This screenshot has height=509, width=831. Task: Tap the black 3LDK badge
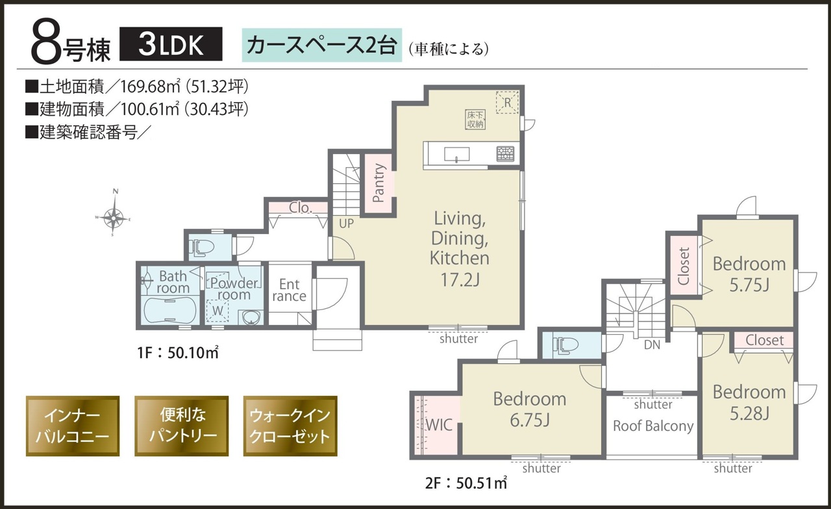[x=171, y=44]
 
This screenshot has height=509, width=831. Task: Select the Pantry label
[x=378, y=183]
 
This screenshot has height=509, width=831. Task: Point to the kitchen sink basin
[x=456, y=154]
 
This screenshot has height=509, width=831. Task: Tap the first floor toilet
[x=201, y=246]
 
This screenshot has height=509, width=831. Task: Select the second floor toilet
[x=565, y=345]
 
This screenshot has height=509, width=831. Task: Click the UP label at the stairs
[x=346, y=223]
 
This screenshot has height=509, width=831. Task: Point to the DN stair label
[x=652, y=345]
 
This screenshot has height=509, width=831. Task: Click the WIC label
[x=440, y=424]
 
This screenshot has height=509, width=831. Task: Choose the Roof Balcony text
[x=653, y=426]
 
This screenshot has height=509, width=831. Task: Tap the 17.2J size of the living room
[x=460, y=280]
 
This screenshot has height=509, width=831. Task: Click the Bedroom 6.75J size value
[x=529, y=420]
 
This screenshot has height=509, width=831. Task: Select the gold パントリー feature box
[x=181, y=426]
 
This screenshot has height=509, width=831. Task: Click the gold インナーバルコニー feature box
[x=73, y=426]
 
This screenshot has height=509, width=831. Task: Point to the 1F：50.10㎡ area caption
[x=178, y=352]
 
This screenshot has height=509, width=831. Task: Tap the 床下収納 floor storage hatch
[x=475, y=119]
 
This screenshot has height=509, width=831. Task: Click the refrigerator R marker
[x=507, y=102]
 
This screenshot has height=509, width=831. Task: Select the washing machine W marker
[x=217, y=310]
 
